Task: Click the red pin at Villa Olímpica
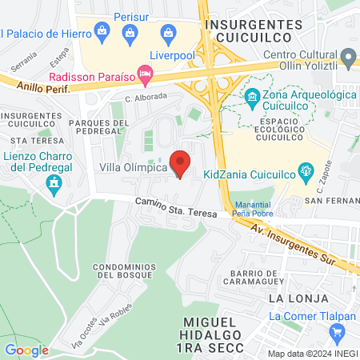coord(181,163)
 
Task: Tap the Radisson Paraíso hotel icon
coord(145,77)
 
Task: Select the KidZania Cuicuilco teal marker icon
coord(305,170)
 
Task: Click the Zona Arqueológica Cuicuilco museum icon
coord(253,98)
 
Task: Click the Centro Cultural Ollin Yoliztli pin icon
coord(348,57)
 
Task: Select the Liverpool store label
coord(172,54)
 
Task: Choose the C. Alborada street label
coord(146,96)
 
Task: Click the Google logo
coord(26,350)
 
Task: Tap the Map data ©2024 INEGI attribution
coord(312,353)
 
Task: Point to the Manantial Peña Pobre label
coord(254,209)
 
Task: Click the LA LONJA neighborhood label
coord(299,298)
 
